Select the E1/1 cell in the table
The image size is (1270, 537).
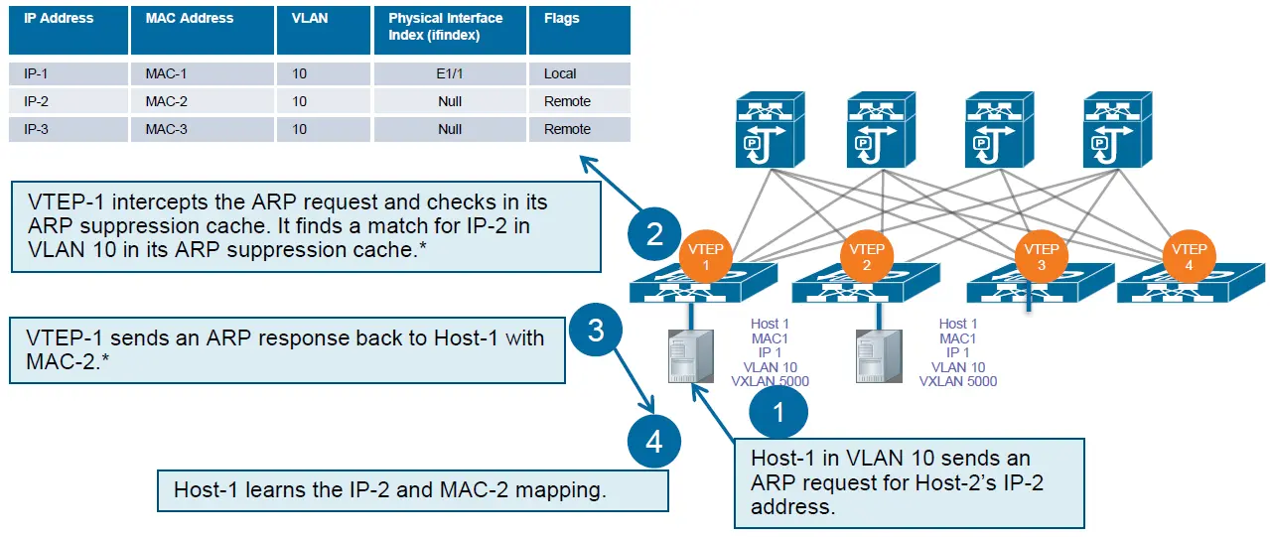(450, 73)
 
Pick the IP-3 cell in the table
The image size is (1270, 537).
(69, 129)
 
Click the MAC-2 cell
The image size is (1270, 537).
(203, 101)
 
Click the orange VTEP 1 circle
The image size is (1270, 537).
(705, 256)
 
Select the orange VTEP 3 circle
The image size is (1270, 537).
(1041, 256)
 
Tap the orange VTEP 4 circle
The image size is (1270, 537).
(1189, 256)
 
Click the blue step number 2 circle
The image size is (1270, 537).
(654, 234)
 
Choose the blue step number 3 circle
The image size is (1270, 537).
(596, 330)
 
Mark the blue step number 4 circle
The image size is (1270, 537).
(654, 442)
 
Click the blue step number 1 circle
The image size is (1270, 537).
(778, 412)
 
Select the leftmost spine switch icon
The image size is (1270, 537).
(770, 130)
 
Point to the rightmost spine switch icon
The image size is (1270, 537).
(1117, 130)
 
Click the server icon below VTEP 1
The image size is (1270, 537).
(691, 356)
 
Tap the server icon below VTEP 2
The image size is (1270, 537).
(879, 356)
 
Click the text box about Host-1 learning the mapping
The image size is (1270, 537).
(413, 490)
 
